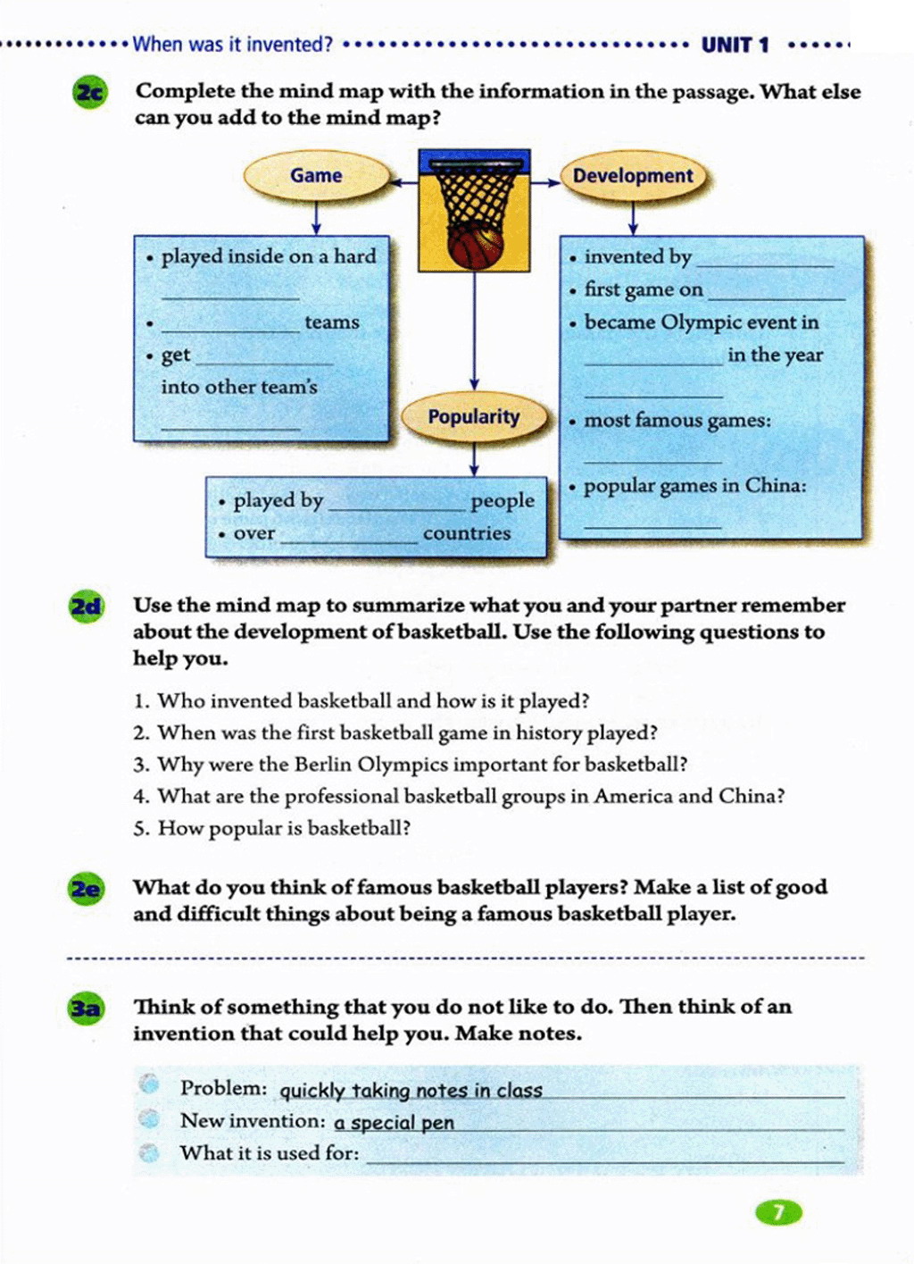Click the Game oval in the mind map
tap(316, 176)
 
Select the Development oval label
tap(633, 176)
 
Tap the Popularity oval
tap(473, 417)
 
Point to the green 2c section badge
tap(88, 93)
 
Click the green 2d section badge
tap(86, 607)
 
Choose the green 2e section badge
tap(86, 889)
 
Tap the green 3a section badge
tap(86, 1009)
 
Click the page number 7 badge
tap(778, 1212)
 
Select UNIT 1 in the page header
tap(735, 45)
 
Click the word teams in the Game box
tap(332, 322)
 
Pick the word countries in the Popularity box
tap(467, 533)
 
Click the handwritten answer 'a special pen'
tap(395, 1123)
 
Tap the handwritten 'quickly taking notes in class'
tap(411, 1091)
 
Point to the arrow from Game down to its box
tap(316, 217)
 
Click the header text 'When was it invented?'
tap(232, 44)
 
